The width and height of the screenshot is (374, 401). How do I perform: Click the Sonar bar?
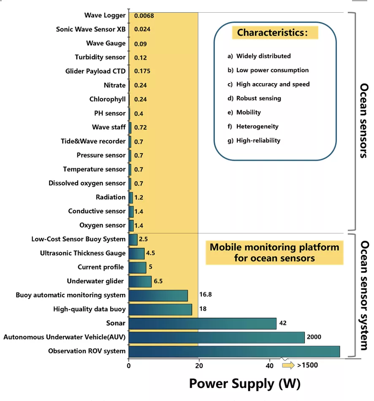click(202, 323)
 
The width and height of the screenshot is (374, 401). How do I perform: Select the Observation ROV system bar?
click(234, 351)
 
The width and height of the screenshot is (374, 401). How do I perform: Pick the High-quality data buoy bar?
click(160, 309)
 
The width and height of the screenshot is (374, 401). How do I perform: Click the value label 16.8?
click(206, 295)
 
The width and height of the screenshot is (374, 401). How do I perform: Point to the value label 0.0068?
click(144, 16)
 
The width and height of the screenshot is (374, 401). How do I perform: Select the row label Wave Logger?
click(105, 16)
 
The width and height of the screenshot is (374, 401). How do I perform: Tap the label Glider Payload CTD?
click(95, 71)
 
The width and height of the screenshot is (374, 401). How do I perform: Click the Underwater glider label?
click(95, 281)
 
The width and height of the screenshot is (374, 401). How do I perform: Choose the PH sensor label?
click(110, 114)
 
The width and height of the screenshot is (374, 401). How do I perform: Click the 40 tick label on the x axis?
click(269, 366)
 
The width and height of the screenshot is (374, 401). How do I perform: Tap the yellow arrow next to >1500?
click(288, 366)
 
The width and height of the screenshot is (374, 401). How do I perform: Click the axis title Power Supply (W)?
click(244, 384)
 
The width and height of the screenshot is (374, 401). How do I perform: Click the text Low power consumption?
click(272, 70)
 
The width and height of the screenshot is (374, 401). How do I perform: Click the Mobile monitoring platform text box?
click(274, 252)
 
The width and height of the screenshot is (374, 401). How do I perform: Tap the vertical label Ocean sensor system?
click(363, 295)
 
